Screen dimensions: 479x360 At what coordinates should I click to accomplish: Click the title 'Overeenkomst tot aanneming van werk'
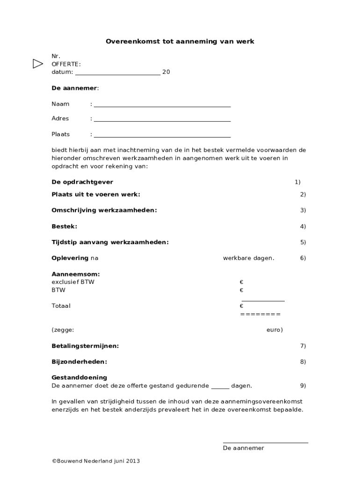tap(180, 41)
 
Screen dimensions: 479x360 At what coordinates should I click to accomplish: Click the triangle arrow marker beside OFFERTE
tap(38, 64)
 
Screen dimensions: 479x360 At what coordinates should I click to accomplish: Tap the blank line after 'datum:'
tap(117, 74)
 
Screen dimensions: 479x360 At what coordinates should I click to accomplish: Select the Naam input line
tap(162, 106)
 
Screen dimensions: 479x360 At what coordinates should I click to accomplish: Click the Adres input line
tap(162, 121)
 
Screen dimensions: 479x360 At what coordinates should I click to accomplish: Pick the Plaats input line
tap(162, 137)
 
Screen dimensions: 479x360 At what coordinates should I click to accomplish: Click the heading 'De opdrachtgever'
tap(82, 182)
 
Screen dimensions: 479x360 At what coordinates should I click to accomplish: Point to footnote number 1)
tap(297, 182)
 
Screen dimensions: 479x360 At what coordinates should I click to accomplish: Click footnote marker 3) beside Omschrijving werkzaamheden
tap(303, 210)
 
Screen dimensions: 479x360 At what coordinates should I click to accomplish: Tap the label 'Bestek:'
tap(65, 226)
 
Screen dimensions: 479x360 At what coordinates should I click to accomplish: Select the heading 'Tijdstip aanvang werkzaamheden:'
tap(110, 242)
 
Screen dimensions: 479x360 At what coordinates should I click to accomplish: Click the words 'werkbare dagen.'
tap(249, 258)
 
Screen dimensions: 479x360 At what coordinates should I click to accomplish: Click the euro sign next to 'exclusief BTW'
tap(242, 282)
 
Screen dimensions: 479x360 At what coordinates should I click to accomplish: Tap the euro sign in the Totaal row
tap(242, 306)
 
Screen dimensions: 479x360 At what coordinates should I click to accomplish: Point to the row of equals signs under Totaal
tap(260, 314)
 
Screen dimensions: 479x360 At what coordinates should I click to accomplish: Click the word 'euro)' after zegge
tap(274, 330)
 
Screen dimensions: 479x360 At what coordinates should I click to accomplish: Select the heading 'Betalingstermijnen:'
tap(85, 346)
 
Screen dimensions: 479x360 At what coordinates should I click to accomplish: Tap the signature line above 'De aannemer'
tap(266, 442)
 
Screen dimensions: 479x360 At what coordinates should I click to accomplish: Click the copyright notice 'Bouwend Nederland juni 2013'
tap(96, 461)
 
